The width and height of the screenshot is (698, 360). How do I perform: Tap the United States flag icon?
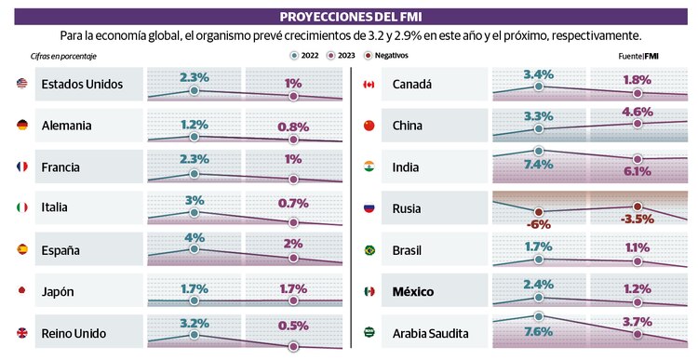[22, 85]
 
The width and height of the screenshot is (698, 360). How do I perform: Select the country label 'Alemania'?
[67, 126]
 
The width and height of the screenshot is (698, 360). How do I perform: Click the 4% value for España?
[194, 237]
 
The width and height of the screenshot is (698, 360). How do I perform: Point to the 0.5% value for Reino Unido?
[294, 326]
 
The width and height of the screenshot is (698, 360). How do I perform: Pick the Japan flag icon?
[22, 291]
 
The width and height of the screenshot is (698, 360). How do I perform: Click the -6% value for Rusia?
[538, 224]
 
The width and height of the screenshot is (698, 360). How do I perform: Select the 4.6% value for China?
[637, 112]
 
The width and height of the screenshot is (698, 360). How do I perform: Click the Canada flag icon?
[369, 85]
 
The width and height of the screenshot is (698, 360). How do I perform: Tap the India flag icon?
[369, 167]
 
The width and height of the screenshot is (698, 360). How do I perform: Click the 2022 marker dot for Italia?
[194, 213]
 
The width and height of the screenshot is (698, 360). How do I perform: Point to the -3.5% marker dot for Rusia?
[638, 207]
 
